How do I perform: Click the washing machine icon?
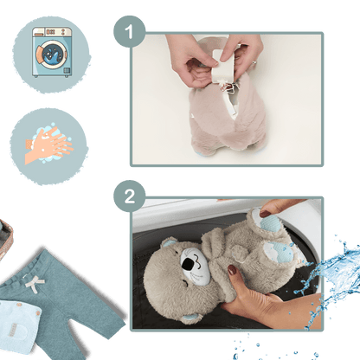(x=52, y=52)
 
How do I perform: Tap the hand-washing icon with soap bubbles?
(x=49, y=145)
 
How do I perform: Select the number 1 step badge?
(x=130, y=31)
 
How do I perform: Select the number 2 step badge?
(x=130, y=196)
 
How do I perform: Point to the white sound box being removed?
(x=222, y=66)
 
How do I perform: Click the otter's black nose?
(x=189, y=264)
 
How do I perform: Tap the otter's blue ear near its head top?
(x=168, y=242)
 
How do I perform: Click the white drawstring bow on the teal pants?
(x=35, y=284)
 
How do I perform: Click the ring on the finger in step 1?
(x=254, y=62)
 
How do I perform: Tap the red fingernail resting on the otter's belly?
(x=232, y=270)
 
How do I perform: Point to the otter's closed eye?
(x=184, y=283)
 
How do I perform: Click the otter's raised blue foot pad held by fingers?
(x=270, y=223)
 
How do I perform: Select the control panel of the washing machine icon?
(x=52, y=32)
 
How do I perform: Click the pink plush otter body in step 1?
(x=228, y=115)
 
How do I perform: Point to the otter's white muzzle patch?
(x=194, y=266)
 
